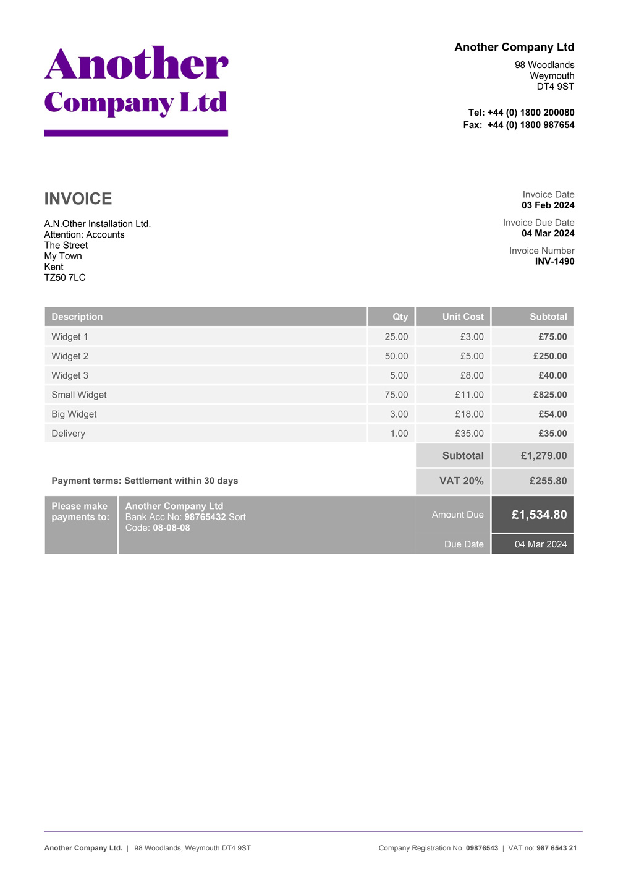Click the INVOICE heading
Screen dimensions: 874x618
click(x=78, y=199)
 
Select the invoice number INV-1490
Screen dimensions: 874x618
click(x=554, y=262)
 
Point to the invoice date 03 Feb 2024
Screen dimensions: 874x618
click(x=548, y=205)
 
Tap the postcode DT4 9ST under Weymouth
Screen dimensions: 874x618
click(x=555, y=87)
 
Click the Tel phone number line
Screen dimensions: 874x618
click(x=520, y=113)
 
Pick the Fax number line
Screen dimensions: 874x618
click(x=519, y=125)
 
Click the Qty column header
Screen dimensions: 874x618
click(x=400, y=317)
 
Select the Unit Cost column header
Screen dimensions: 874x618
click(x=462, y=317)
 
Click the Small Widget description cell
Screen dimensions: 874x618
click(x=79, y=395)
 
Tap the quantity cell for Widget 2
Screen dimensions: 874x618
click(x=396, y=356)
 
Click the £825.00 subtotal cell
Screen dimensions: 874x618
click(x=550, y=395)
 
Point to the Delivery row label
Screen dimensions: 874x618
click(x=69, y=434)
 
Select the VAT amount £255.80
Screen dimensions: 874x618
click(x=548, y=481)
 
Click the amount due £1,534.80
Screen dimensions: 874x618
click(x=539, y=515)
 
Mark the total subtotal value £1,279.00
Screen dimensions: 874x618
click(x=543, y=456)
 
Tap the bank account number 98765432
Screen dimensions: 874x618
click(x=205, y=517)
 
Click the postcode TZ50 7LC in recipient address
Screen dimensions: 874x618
click(x=65, y=278)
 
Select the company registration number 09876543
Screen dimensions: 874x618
click(x=481, y=848)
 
